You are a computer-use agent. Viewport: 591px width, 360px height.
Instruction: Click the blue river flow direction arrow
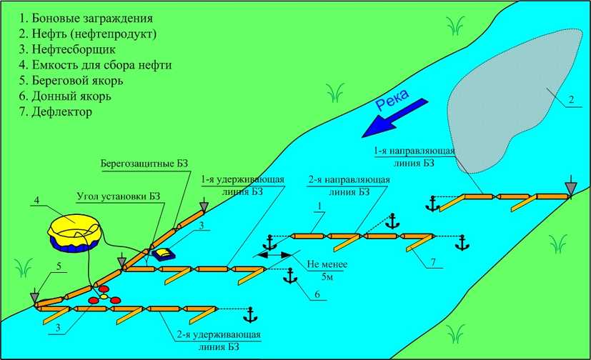pos(394,118)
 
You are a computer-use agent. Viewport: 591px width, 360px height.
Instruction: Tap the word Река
pos(393,100)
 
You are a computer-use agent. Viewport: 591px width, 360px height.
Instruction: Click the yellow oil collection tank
pos(75,234)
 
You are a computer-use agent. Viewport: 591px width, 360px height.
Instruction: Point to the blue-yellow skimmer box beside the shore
pos(163,254)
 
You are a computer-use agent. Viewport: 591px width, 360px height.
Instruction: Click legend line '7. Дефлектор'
pos(56,112)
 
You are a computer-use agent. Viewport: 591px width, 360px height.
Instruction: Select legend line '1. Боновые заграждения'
pos(86,18)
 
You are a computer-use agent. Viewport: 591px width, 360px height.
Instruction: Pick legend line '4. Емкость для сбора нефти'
pos(95,65)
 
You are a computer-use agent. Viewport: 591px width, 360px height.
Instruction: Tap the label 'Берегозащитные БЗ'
pos(144,164)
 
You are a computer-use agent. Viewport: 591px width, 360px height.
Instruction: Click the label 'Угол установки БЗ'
pos(119,196)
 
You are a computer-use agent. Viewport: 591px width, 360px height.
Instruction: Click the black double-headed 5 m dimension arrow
pos(274,255)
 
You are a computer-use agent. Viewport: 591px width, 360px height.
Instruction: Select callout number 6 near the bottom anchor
pos(317,294)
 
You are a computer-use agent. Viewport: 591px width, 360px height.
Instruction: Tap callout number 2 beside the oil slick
pos(571,99)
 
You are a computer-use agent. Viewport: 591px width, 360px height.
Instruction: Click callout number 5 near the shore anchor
pos(59,266)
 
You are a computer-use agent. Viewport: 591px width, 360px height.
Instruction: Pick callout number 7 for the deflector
pos(433,262)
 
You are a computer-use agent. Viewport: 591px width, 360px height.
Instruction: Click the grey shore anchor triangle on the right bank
pos(572,187)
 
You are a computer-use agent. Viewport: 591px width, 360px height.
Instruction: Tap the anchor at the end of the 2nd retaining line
pos(249,315)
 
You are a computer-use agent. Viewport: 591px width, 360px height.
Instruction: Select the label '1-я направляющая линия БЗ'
pos(414,156)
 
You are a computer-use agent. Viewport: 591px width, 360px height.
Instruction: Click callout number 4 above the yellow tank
pos(36,200)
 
